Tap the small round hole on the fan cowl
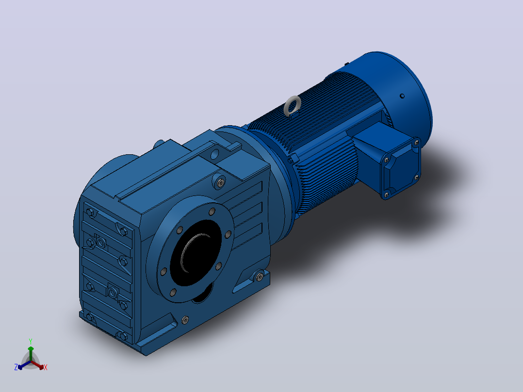click(x=402, y=96)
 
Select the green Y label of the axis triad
click(x=31, y=341)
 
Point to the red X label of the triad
click(x=46, y=367)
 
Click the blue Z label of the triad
click(x=16, y=367)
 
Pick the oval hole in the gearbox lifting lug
click(x=214, y=154)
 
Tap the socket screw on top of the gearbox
click(x=220, y=182)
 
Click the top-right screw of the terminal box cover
click(x=416, y=143)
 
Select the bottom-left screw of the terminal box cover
click(x=387, y=194)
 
